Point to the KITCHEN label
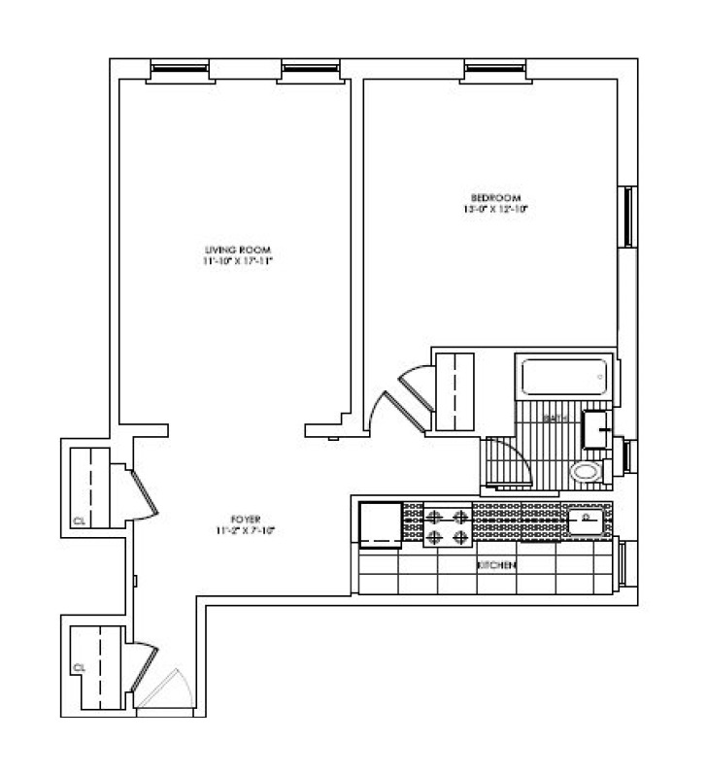click(495, 564)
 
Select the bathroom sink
click(597, 427)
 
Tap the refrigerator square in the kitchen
click(381, 525)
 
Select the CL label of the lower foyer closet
click(80, 667)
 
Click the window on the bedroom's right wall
click(628, 217)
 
